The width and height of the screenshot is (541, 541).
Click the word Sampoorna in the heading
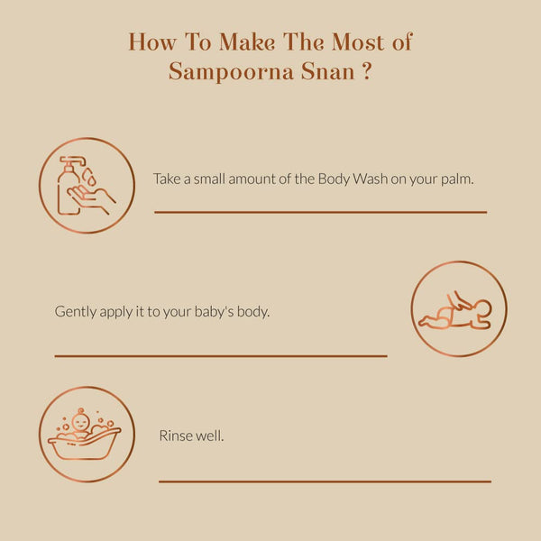click(231, 72)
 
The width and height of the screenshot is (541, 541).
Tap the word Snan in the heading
click(328, 71)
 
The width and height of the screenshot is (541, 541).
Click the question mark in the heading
click(367, 71)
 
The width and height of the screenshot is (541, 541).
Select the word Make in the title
click(247, 42)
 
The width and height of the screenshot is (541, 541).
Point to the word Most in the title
click(358, 42)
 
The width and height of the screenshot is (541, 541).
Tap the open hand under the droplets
click(91, 198)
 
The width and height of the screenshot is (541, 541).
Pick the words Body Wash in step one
click(353, 179)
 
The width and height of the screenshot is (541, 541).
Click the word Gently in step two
click(76, 312)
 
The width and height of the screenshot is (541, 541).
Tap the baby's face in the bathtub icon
click(80, 422)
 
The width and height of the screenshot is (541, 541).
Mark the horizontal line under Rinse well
click(325, 481)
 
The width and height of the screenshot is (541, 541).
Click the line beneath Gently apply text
click(221, 356)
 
